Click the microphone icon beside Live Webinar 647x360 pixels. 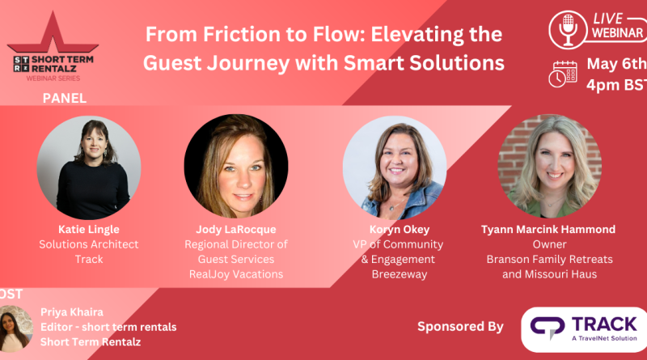pos(568,30)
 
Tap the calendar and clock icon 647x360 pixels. pos(563,74)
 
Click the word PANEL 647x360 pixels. pos(65,98)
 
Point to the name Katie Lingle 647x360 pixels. pos(89,230)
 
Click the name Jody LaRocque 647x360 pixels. pos(236,230)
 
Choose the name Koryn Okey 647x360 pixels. pos(400,230)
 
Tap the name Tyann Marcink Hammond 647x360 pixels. pos(548,230)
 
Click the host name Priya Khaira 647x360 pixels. pos(72,312)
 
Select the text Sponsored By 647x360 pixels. pos(460,327)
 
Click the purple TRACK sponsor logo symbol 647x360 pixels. pos(548,327)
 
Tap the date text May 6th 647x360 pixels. pos(617,64)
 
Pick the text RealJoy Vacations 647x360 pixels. pos(236,274)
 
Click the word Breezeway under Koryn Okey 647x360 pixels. pos(400,274)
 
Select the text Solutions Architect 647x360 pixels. pos(89,244)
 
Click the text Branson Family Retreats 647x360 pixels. pos(550,260)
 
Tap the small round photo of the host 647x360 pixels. pos(15,328)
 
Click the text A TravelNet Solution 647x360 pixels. pos(604,338)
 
